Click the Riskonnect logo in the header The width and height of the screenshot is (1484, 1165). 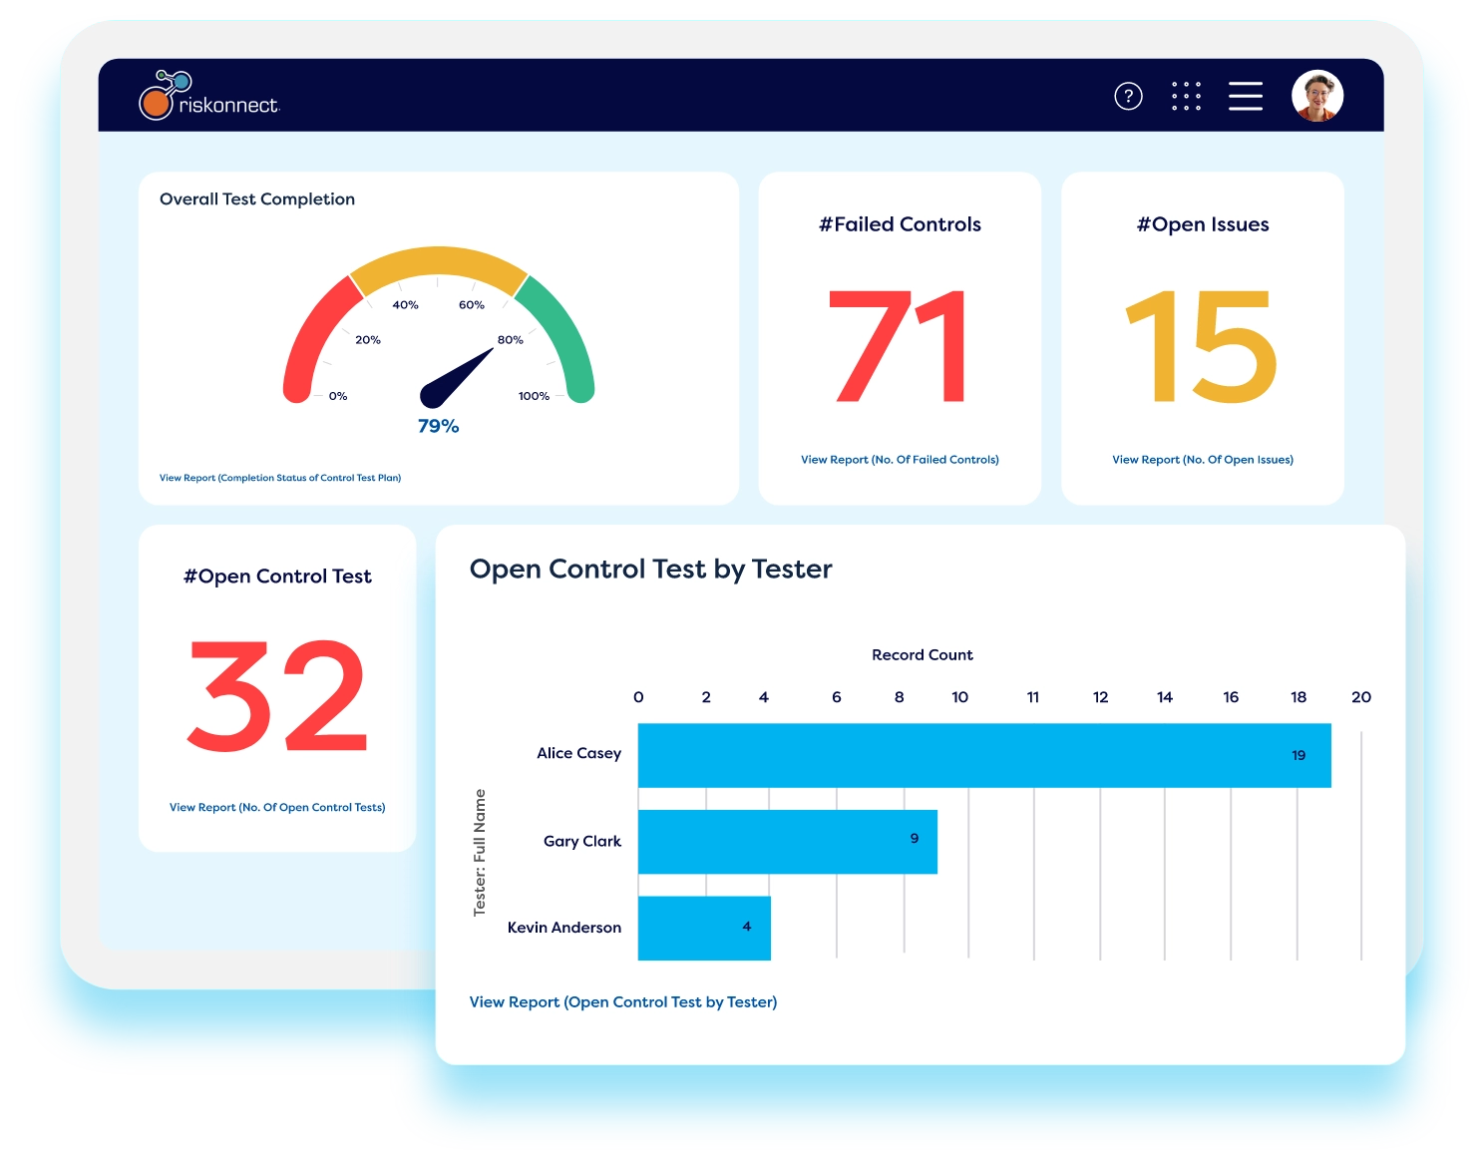click(x=209, y=97)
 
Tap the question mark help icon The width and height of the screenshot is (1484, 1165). click(x=1128, y=96)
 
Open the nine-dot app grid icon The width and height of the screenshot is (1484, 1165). click(x=1186, y=96)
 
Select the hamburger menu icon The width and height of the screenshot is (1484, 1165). click(x=1245, y=96)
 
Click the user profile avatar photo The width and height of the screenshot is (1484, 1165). click(x=1317, y=96)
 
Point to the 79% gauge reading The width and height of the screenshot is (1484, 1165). click(x=439, y=426)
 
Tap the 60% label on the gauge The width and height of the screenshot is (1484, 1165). click(x=472, y=305)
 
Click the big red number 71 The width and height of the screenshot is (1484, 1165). click(x=899, y=346)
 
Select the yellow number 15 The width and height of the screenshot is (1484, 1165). click(x=1202, y=346)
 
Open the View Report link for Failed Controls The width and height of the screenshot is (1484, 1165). click(x=900, y=460)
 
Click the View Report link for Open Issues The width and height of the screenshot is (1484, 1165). click(x=1203, y=460)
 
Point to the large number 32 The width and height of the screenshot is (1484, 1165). click(x=277, y=696)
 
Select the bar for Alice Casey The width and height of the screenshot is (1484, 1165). click(x=983, y=755)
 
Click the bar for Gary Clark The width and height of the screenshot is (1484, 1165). click(x=787, y=842)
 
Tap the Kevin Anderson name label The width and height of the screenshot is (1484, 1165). click(x=564, y=928)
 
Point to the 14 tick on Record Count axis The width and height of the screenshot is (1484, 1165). click(x=1165, y=697)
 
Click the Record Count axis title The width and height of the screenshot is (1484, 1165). click(x=922, y=655)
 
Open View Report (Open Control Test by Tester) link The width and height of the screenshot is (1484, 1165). click(x=623, y=1002)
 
